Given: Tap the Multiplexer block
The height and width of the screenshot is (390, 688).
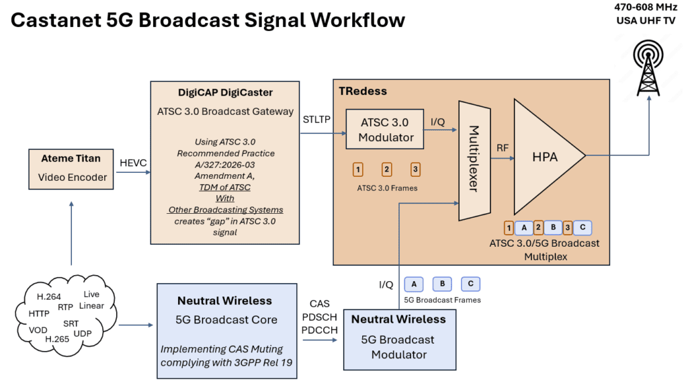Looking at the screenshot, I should coord(473,159).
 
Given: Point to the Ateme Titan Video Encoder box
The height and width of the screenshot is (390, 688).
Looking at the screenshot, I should coord(71,167).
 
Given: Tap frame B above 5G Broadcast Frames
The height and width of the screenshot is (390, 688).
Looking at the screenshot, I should coord(442,284).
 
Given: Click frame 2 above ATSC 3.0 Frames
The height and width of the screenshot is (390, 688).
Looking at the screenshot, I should coord(386,169).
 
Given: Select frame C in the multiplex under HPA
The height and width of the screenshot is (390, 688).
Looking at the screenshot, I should coord(583,227).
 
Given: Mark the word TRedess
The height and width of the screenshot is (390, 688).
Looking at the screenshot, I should coord(363,91).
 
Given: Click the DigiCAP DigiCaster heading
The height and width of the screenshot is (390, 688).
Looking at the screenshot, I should coord(216,93).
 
